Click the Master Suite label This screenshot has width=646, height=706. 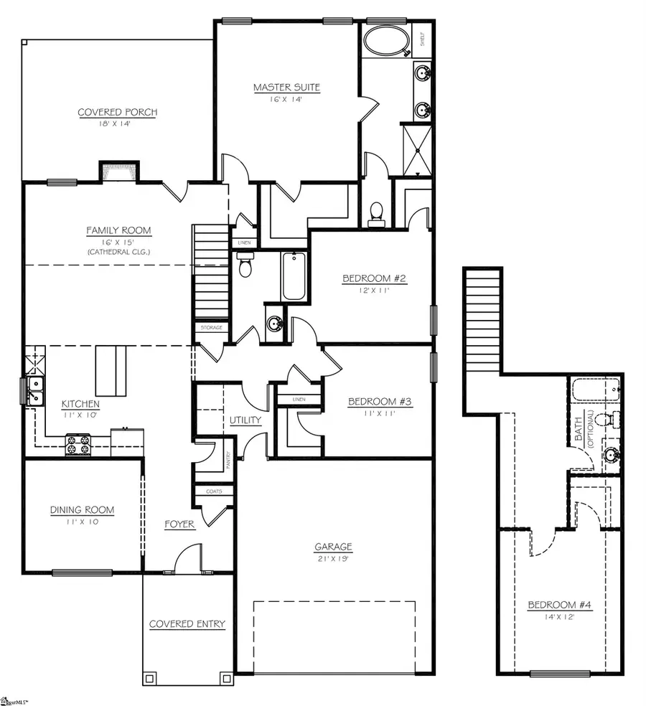286,88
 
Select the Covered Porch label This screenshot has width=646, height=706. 118,112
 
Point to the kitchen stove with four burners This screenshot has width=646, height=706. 78,444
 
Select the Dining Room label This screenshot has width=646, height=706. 82,510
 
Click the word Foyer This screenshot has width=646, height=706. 179,524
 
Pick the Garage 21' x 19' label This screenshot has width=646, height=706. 334,547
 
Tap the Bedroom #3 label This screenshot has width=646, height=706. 380,402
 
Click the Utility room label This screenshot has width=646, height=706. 245,420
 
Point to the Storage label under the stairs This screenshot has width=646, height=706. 211,327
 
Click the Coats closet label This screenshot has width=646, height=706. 214,491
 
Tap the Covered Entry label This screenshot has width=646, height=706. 187,624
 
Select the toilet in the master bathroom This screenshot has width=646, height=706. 375,211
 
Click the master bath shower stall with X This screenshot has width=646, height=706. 416,150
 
